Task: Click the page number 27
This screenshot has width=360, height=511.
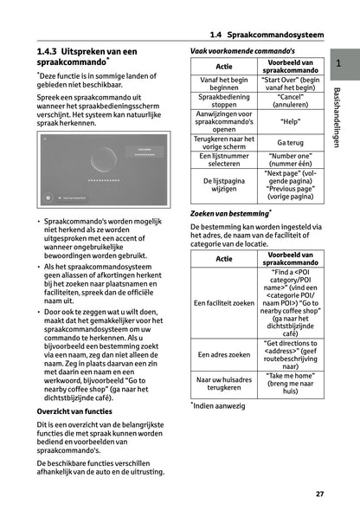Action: click(x=319, y=494)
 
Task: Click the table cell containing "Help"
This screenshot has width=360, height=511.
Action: click(x=291, y=122)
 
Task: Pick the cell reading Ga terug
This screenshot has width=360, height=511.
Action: click(x=291, y=141)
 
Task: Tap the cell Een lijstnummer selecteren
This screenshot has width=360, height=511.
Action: click(x=224, y=159)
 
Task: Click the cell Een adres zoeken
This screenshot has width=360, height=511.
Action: click(x=224, y=354)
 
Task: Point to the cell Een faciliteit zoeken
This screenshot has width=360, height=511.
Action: click(x=224, y=303)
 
